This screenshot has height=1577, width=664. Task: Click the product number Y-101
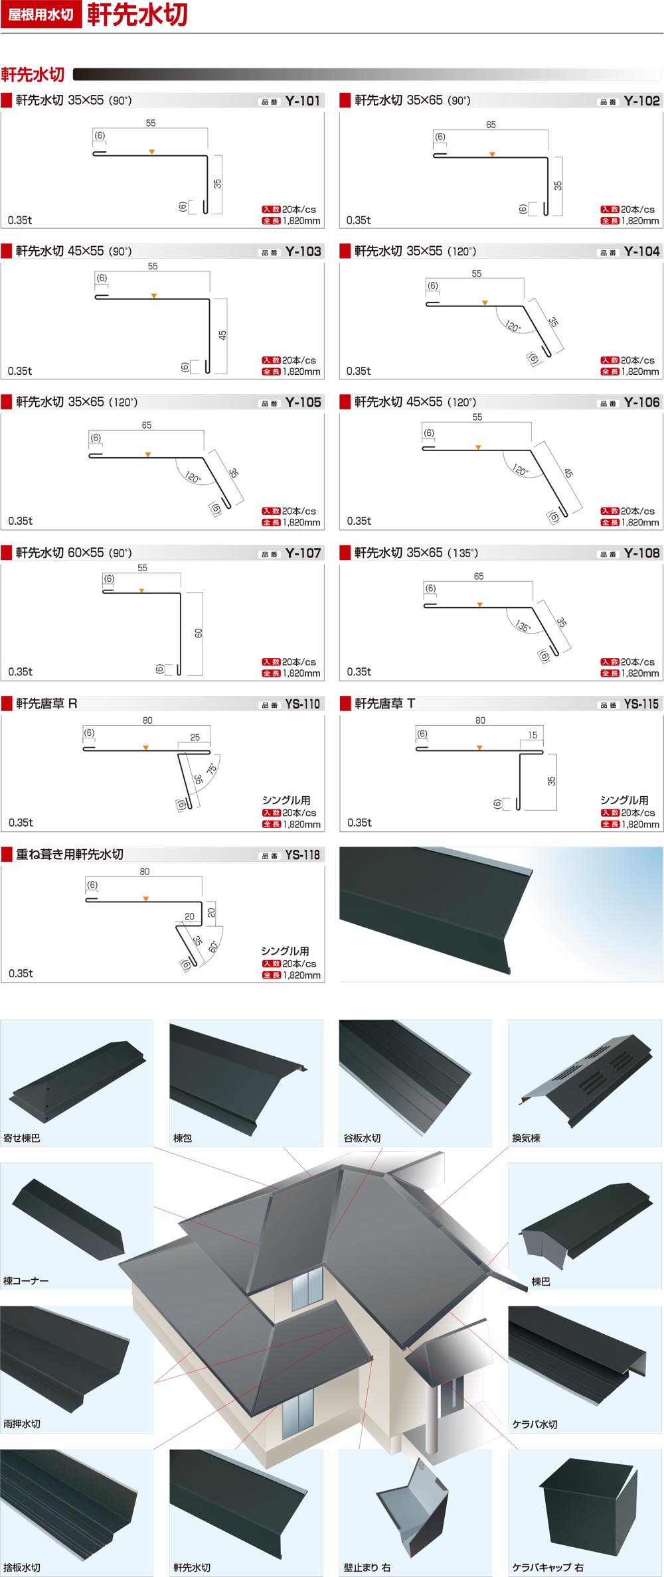(303, 101)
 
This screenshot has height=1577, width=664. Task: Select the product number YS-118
(303, 855)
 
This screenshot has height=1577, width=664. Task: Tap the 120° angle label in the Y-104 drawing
(513, 326)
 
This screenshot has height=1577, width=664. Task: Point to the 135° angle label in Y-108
(523, 626)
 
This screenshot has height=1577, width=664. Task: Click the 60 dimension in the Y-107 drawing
(199, 633)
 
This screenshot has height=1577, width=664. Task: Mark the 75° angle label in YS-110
(212, 769)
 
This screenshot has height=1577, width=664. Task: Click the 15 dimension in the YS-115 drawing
(533, 734)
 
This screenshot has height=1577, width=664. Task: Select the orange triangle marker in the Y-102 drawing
(492, 154)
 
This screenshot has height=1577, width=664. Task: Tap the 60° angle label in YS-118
(213, 946)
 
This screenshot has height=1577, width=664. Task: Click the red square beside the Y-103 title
(7, 251)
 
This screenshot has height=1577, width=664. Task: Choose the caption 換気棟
(526, 1138)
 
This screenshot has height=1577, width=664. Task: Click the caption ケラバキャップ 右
(548, 1567)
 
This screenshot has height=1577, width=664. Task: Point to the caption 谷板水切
(362, 1138)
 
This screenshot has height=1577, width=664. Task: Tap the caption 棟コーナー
(26, 1280)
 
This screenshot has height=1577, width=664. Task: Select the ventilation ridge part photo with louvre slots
(584, 1078)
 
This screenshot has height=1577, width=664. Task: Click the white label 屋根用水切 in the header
(41, 15)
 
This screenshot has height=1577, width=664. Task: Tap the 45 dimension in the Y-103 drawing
(222, 335)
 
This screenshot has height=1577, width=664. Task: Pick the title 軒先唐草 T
(385, 703)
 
